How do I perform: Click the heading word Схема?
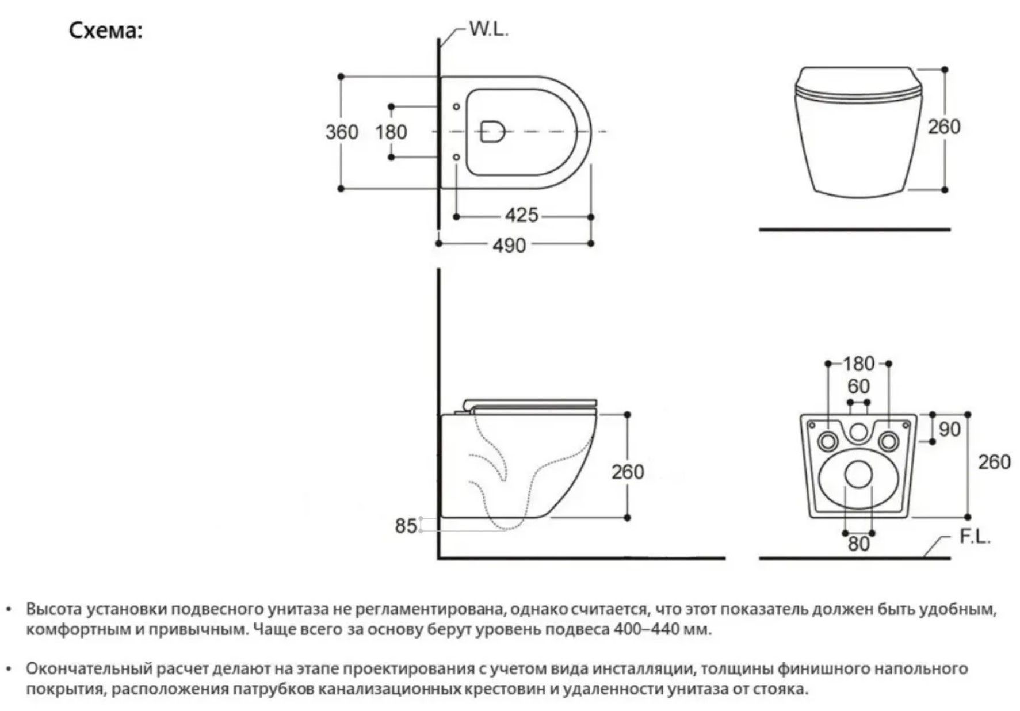click(105, 30)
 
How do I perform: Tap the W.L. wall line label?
click(489, 30)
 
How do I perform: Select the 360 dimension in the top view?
click(342, 132)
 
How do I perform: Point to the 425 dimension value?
click(522, 216)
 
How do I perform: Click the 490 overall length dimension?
click(509, 246)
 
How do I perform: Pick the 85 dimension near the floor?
click(406, 526)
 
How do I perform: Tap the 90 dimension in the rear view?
click(949, 429)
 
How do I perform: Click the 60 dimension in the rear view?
click(858, 387)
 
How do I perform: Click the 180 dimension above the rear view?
click(858, 364)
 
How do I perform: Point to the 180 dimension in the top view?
click(391, 132)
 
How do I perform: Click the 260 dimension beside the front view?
click(944, 127)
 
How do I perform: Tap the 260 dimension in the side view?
click(628, 472)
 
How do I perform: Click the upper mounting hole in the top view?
click(456, 107)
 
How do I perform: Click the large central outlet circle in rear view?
click(858, 474)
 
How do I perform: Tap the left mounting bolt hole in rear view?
click(828, 441)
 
